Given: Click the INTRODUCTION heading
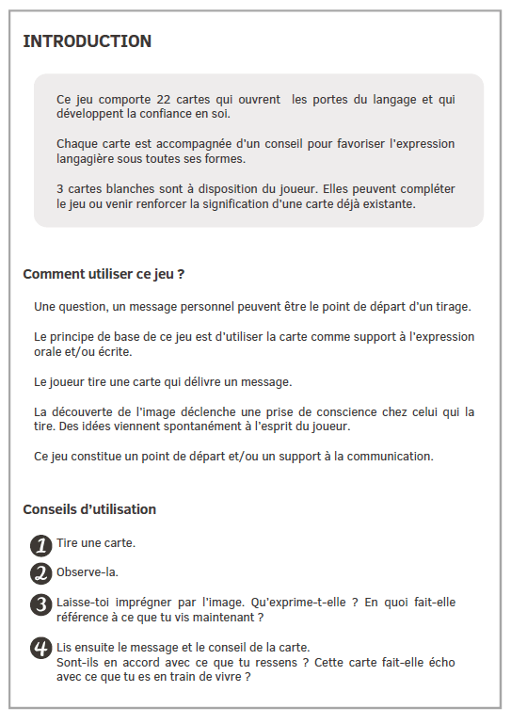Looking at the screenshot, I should [x=87, y=41].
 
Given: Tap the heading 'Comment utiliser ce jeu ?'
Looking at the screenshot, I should [x=104, y=275].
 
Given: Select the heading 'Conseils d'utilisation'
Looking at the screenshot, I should [x=89, y=509].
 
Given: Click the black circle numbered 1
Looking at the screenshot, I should [x=40, y=545].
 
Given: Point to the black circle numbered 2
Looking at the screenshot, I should [x=40, y=573].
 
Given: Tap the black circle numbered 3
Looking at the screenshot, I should [x=40, y=604].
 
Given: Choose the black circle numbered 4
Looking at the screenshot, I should [x=40, y=648].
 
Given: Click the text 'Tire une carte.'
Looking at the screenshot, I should [x=96, y=543].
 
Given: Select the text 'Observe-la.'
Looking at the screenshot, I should [x=88, y=571].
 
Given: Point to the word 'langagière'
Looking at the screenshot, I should [x=86, y=158].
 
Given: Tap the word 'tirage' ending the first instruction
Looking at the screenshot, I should [x=451, y=307].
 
